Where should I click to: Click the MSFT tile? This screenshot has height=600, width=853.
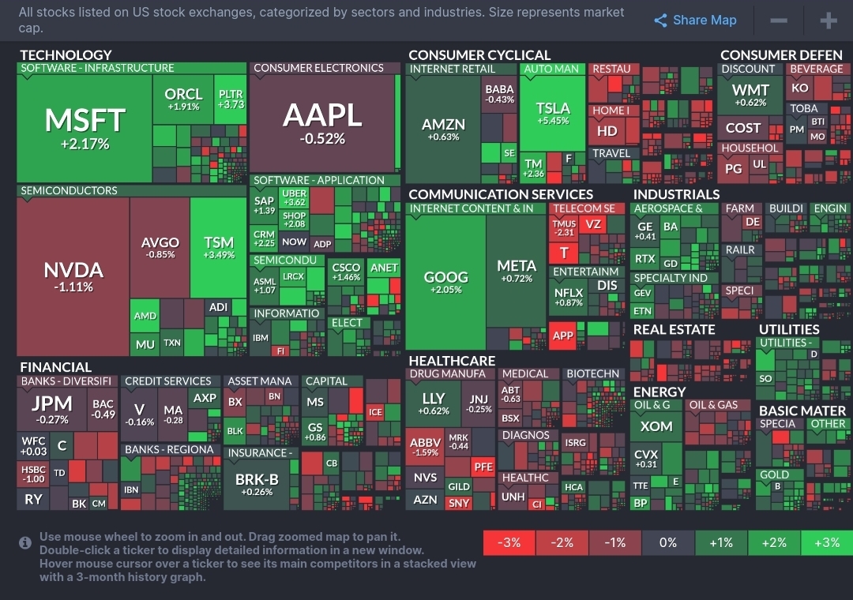(85, 126)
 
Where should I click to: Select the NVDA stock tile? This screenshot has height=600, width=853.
(73, 276)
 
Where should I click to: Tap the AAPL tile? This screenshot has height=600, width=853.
(322, 122)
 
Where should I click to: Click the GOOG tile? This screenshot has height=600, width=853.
(446, 282)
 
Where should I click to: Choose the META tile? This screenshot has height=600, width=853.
(517, 271)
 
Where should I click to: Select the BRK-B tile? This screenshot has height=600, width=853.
(257, 483)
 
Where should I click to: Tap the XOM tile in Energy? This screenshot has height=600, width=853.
(656, 426)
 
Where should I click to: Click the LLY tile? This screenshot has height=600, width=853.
(434, 403)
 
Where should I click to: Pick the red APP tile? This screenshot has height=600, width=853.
(563, 335)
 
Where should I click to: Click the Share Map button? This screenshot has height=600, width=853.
(695, 21)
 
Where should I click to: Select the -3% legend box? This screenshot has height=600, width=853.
(509, 542)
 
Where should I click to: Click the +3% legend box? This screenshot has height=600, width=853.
(826, 542)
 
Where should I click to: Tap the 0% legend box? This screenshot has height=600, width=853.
(668, 542)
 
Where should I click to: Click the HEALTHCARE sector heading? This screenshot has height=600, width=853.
(452, 361)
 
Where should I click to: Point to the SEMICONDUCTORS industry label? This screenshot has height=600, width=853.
(69, 190)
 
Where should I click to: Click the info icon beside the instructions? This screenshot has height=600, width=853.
(25, 542)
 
